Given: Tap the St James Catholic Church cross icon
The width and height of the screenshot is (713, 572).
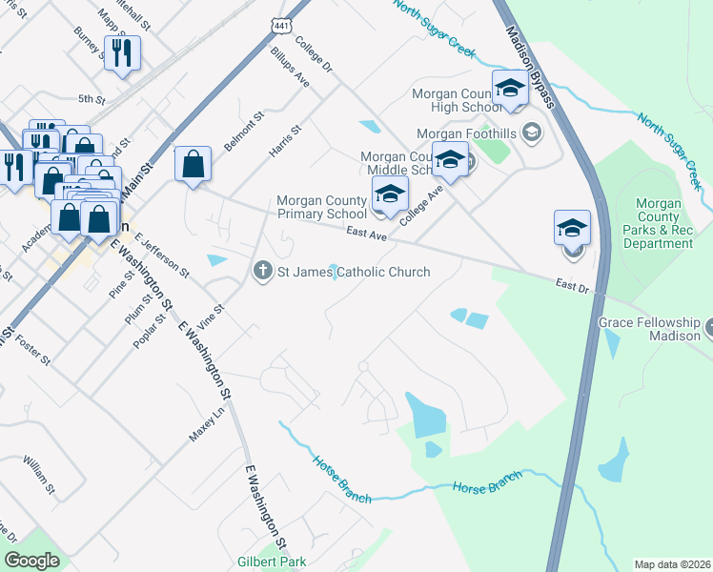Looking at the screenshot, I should point(262,272).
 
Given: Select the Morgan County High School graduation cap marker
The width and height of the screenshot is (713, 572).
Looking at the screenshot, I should point(510,90).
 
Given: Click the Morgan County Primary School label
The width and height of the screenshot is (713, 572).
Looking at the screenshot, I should point(321,207).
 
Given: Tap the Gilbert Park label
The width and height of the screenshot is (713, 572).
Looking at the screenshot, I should point(270,561).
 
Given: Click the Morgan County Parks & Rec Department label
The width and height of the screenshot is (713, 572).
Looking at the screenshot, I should point(659,224).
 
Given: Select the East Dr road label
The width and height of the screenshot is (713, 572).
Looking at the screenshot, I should point(572,285).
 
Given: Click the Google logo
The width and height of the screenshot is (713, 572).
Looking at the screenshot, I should point(32,561).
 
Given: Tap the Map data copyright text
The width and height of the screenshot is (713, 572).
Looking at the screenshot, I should point(672,564).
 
